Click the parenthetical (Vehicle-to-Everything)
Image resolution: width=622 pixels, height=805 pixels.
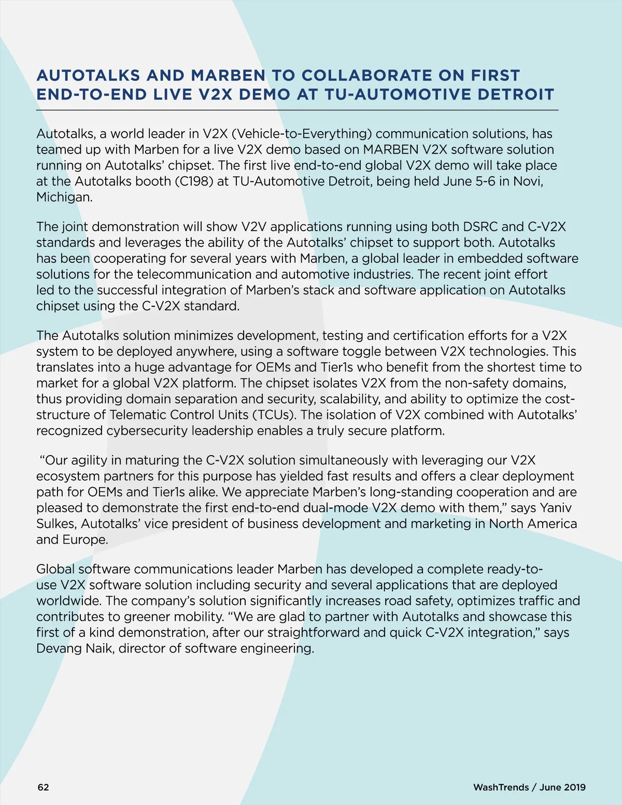[302, 134]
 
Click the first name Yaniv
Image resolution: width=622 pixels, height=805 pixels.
[556, 508]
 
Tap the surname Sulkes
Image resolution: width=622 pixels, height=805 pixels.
[56, 524]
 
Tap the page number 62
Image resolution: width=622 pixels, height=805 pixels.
[44, 787]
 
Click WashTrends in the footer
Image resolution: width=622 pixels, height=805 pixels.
[501, 787]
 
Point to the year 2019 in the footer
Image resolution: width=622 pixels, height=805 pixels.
[574, 787]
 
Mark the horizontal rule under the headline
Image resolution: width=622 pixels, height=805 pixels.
[297, 110]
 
